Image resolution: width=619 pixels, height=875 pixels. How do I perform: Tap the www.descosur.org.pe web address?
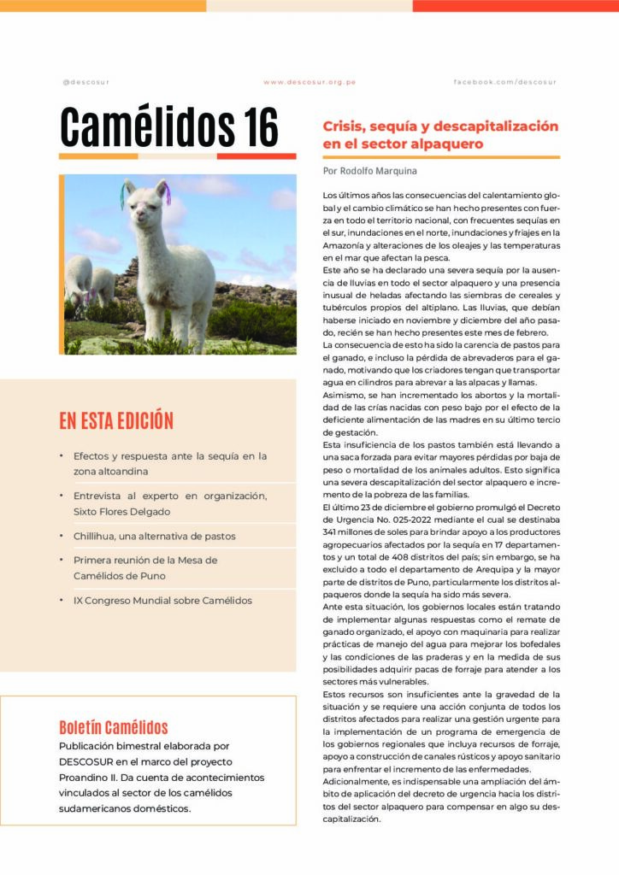pos(309,82)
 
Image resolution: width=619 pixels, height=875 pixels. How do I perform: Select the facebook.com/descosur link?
pos(504,82)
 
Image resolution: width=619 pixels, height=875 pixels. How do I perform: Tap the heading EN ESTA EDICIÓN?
pos(116,421)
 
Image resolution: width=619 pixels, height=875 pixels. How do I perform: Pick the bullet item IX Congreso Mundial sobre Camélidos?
pos(162,600)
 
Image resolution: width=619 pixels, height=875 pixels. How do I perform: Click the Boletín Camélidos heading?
pos(113,728)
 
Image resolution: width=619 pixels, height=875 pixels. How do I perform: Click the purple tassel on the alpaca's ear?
pos(167,193)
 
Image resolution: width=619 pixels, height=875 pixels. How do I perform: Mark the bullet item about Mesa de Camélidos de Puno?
pos(145,567)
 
